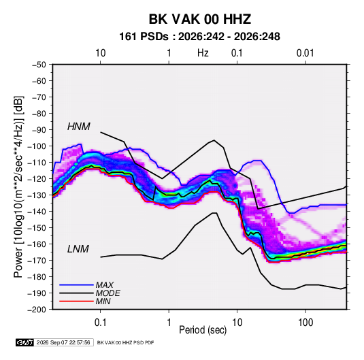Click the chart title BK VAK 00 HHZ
pos(199,19)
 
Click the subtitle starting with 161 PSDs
pos(199,37)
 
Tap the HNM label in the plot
pos(79,127)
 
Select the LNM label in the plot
pos(78,249)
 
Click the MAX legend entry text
pos(105,285)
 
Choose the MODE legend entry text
pos(108,293)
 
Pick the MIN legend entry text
pos(103,301)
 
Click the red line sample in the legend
pos(76,301)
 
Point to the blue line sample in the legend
pos(76,285)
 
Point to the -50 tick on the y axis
pos(39,65)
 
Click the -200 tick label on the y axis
pos(37,310)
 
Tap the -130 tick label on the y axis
pos(37,195)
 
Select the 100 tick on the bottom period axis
pos(305,323)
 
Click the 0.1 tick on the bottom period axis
pos(100,323)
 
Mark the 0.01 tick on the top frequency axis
pos(305,53)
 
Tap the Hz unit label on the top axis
pos(203,53)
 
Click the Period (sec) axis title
pos(203,330)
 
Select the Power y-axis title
pos(18,187)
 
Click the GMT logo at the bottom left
pos(25,342)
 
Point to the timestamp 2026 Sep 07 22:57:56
pos(63,342)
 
